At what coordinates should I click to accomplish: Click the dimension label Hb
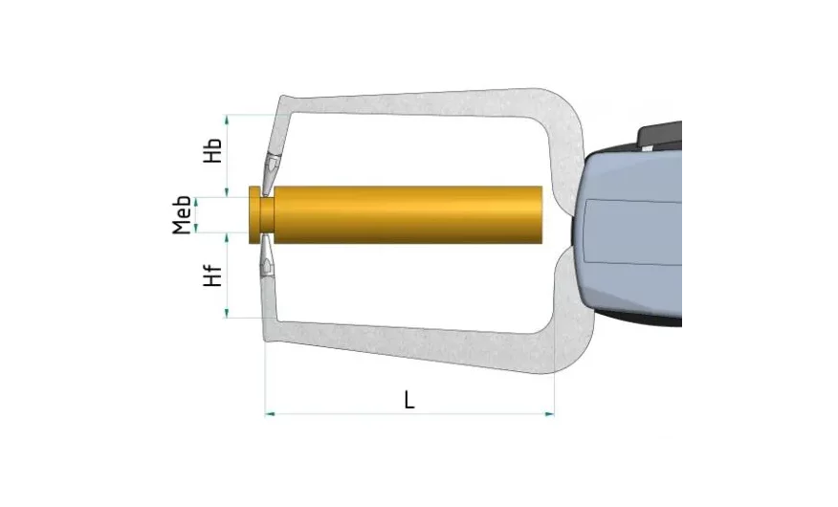tap(212, 150)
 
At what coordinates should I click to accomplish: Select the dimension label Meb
tap(183, 215)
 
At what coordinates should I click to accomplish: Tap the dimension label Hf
tap(212, 276)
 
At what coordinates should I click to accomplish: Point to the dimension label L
tap(409, 400)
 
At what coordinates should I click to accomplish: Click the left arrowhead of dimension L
tap(270, 413)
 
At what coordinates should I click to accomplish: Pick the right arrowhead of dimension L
tap(549, 413)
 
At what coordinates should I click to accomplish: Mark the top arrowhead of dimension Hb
tap(227, 120)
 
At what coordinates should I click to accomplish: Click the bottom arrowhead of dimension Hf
tap(227, 313)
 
